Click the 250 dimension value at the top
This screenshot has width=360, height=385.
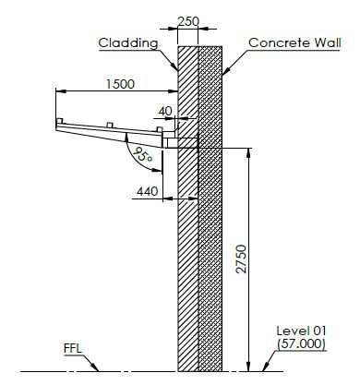[x=188, y=21]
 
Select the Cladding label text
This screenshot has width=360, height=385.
[x=128, y=42]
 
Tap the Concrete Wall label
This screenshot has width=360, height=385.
[x=294, y=42]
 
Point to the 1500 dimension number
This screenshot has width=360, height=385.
[x=120, y=84]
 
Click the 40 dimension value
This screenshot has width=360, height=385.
[x=165, y=111]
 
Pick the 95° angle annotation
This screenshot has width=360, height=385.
[x=143, y=155]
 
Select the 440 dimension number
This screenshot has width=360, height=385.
[x=148, y=191]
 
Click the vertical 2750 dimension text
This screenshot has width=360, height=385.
[x=242, y=259]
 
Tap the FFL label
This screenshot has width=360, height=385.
[x=73, y=349]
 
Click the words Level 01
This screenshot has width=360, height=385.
[x=301, y=331]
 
